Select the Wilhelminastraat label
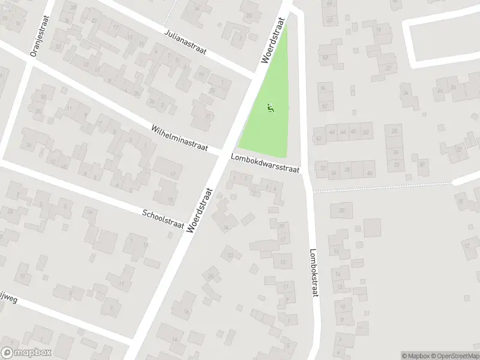pyautogui.click(x=179, y=139)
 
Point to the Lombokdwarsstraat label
pyautogui.click(x=265, y=163)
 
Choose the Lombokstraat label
pyautogui.click(x=313, y=273)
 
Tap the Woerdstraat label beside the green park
pyautogui.click(x=274, y=40)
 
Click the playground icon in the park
pyautogui.click(x=271, y=109)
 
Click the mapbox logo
pyautogui.click(x=26, y=353)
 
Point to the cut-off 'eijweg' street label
pyautogui.click(x=8, y=298)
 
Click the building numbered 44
pyautogui.click(x=332, y=131)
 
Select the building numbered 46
pyautogui.click(x=343, y=131)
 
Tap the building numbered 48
pyautogui.click(x=353, y=131)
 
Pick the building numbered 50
pyautogui.click(x=365, y=131)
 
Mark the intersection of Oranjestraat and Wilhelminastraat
pyautogui.click(x=28, y=59)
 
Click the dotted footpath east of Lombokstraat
pyautogui.click(x=384, y=187)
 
